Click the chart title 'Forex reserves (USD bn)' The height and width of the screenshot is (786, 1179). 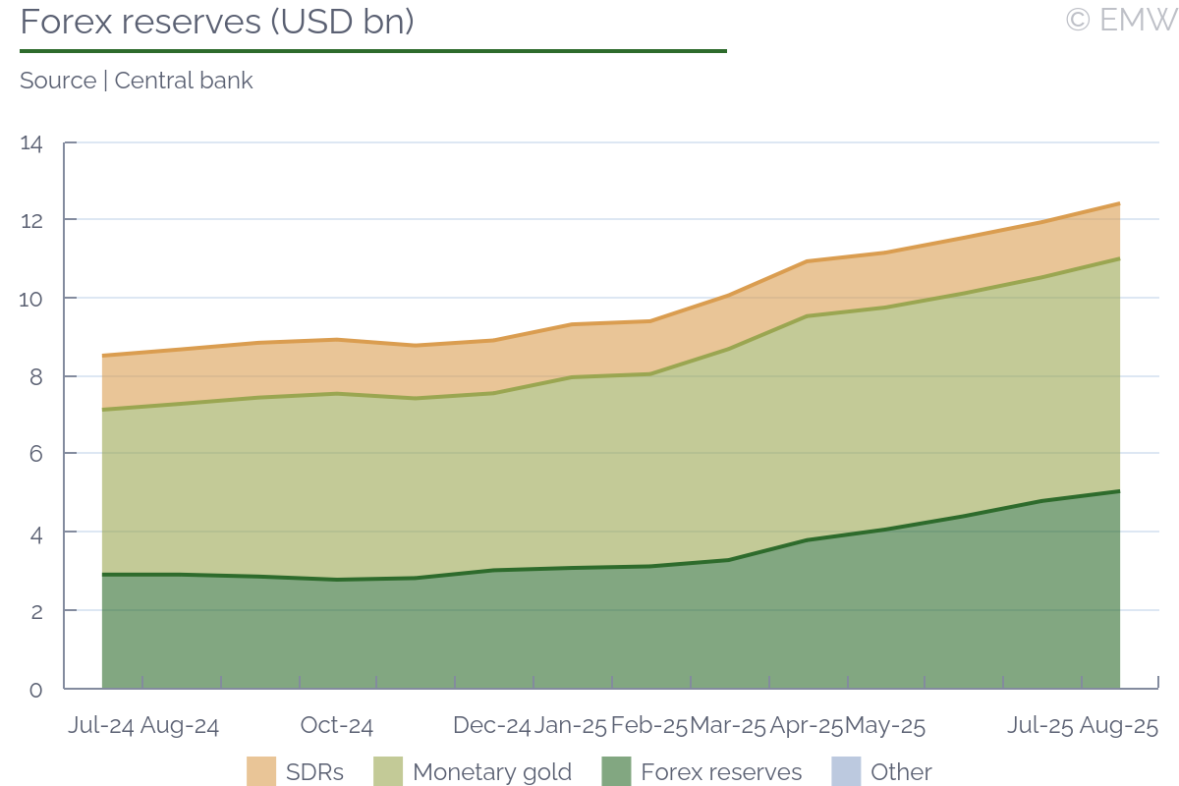[216, 22]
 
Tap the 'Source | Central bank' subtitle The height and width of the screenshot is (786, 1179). [137, 81]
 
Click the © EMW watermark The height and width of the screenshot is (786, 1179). [1121, 20]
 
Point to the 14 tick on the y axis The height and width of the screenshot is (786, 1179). [31, 143]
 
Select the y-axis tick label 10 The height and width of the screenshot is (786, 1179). [31, 298]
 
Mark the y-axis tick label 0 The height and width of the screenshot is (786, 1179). [35, 689]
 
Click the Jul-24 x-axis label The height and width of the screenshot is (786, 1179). [100, 726]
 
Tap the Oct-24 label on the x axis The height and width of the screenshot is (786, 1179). [337, 726]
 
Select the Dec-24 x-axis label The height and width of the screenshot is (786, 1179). [491, 726]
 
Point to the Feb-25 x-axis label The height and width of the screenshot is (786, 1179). [648, 726]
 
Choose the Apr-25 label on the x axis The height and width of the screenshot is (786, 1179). [806, 726]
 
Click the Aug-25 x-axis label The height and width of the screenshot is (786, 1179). [1119, 726]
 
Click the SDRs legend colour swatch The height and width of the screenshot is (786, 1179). [261, 772]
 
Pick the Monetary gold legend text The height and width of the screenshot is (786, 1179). [492, 772]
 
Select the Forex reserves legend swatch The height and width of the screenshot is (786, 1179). [616, 772]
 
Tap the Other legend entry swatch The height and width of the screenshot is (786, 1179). [846, 772]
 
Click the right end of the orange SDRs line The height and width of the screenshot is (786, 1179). [1119, 203]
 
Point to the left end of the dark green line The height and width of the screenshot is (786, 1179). [103, 575]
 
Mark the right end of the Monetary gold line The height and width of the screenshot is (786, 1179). [1119, 258]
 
